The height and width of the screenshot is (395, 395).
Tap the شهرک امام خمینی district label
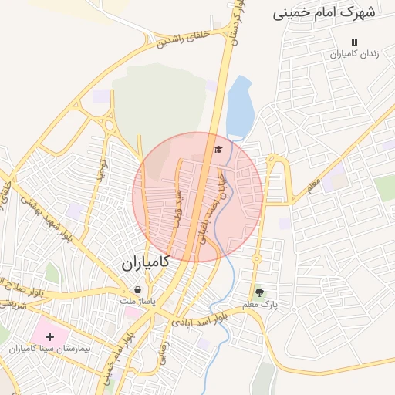click(324, 13)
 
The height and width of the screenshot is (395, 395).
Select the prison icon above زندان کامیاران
click(354, 42)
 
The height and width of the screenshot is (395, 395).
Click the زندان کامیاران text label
click(351, 54)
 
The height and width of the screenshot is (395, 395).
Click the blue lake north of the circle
click(239, 106)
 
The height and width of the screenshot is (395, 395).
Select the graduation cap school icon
click(218, 149)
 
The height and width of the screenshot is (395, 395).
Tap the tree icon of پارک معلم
click(259, 292)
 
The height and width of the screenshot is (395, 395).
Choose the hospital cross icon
click(50, 336)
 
